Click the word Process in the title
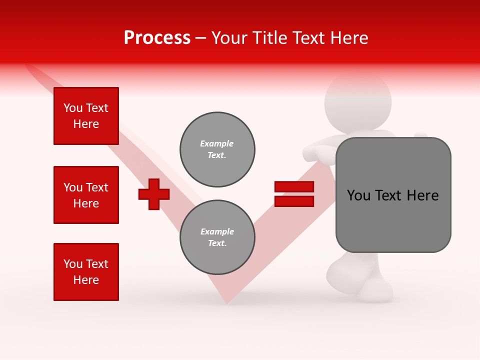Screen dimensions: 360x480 pyautogui.click(x=157, y=38)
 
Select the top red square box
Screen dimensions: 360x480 pyautogui.click(x=86, y=116)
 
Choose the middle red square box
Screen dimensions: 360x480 pyautogui.click(x=86, y=195)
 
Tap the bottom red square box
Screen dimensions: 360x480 pyautogui.click(x=86, y=272)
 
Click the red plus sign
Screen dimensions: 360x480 pyautogui.click(x=154, y=194)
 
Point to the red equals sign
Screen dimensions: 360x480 pyautogui.click(x=294, y=194)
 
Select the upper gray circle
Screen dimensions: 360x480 pyautogui.click(x=217, y=149)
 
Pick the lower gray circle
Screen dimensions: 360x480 pyautogui.click(x=217, y=237)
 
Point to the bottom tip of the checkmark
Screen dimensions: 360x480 pyautogui.click(x=227, y=301)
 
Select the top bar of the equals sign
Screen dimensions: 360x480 pyautogui.click(x=294, y=187)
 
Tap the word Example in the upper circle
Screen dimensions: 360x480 pyautogui.click(x=217, y=143)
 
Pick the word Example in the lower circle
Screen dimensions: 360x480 pyautogui.click(x=217, y=231)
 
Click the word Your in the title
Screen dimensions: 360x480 pyautogui.click(x=229, y=38)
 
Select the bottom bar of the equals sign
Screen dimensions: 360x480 pyautogui.click(x=294, y=201)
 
